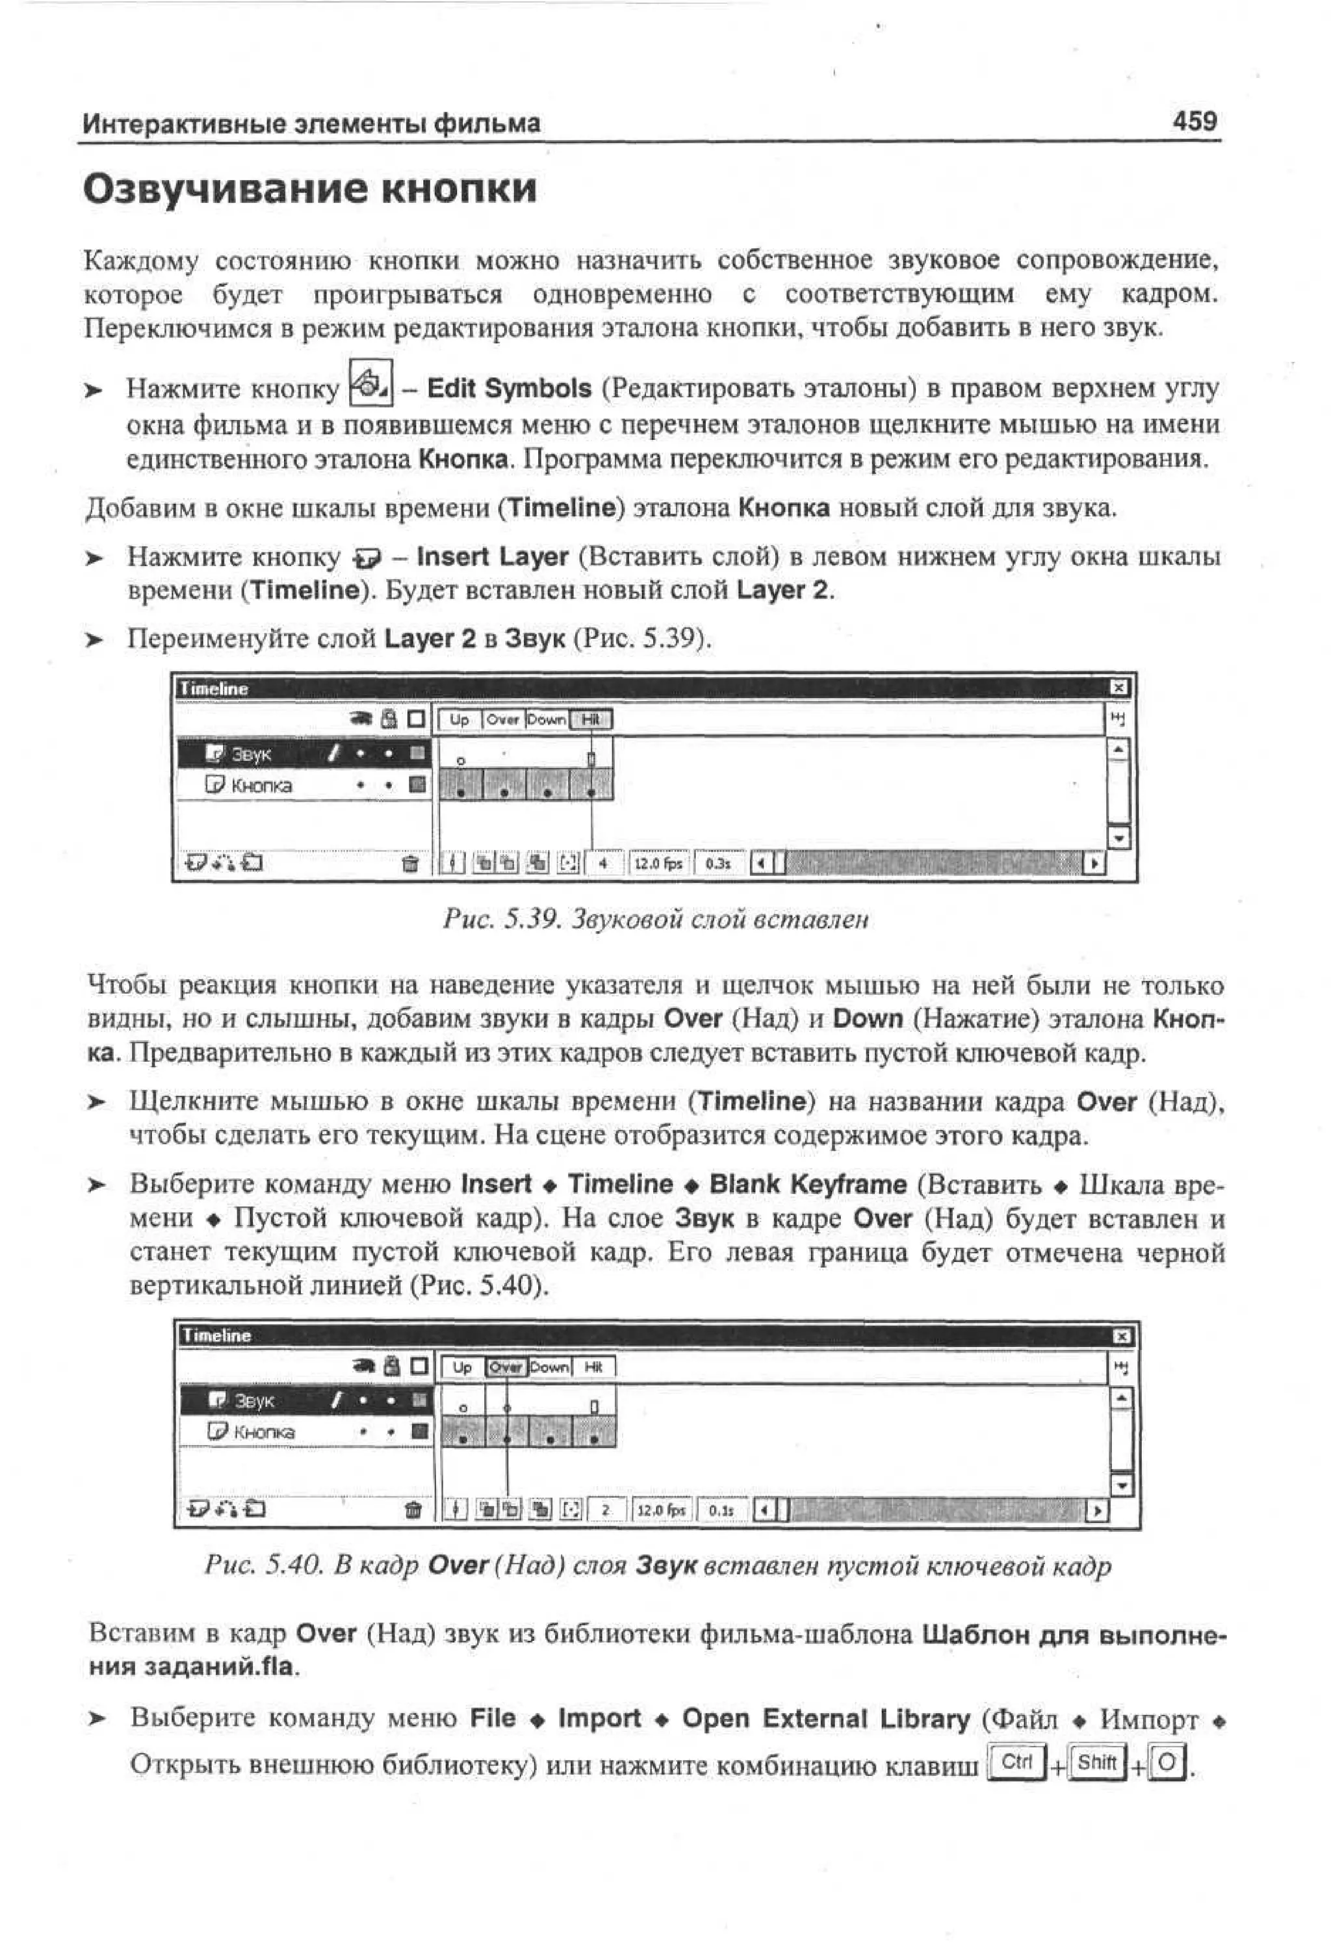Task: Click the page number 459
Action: pyautogui.click(x=1194, y=122)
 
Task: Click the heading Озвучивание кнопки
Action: pyautogui.click(x=309, y=189)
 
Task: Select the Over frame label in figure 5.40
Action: pyautogui.click(x=506, y=1367)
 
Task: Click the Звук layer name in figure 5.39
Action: pyautogui.click(x=251, y=754)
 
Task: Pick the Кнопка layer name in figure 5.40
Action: pyautogui.click(x=263, y=1432)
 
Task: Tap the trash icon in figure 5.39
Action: pyautogui.click(x=409, y=864)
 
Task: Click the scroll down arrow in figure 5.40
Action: pyautogui.click(x=1121, y=1485)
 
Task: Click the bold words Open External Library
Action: pyautogui.click(x=825, y=1719)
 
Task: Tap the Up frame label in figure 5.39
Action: pyautogui.click(x=459, y=719)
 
